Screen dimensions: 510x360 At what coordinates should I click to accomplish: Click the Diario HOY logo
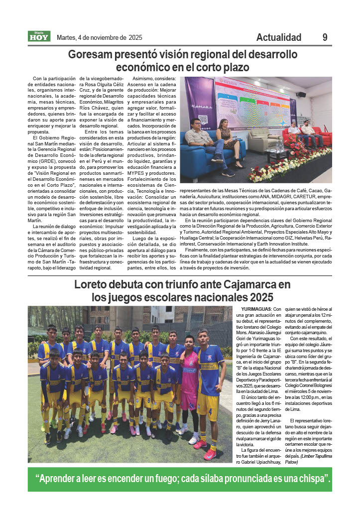pos(39,36)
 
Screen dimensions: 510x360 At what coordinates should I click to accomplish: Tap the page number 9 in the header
pos(325,37)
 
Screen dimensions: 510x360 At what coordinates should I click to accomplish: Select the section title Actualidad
pos(278,37)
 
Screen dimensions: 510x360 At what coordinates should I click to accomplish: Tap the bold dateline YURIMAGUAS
pos(256,309)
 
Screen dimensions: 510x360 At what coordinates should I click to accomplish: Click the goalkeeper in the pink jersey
pos(190,379)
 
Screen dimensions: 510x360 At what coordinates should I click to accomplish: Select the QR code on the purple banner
pos(202,120)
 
